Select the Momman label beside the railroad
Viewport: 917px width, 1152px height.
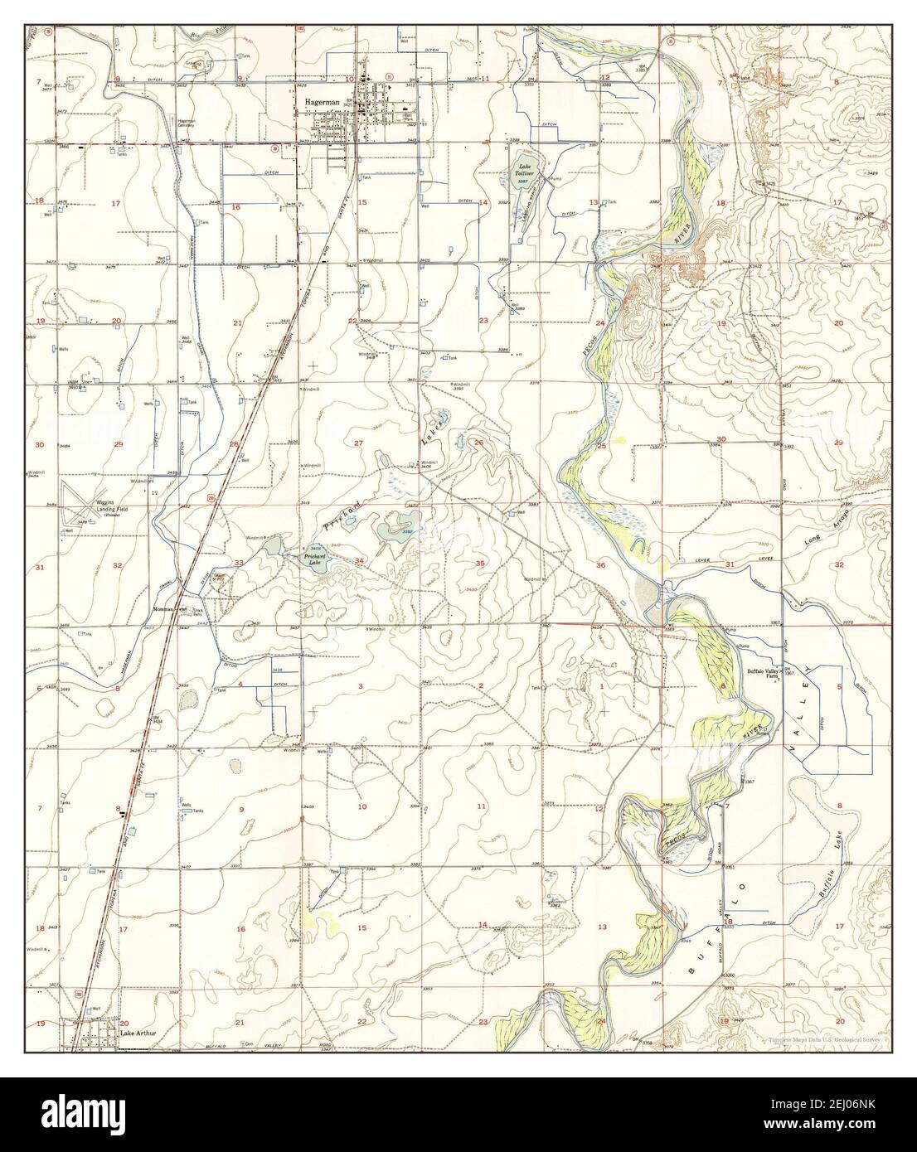point(163,609)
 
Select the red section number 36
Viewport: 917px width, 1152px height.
point(601,566)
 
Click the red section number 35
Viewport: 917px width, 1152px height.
point(479,564)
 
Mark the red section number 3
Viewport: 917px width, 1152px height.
point(360,687)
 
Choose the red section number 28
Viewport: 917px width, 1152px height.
point(234,445)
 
